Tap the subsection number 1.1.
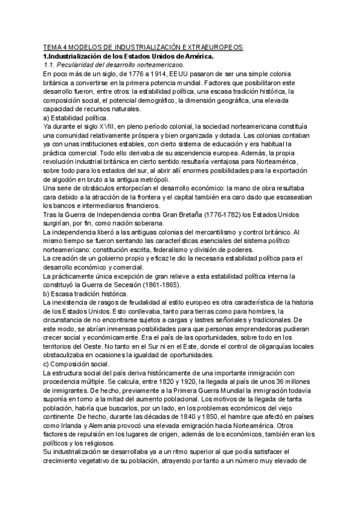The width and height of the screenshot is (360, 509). pyautogui.click(x=51, y=65)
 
